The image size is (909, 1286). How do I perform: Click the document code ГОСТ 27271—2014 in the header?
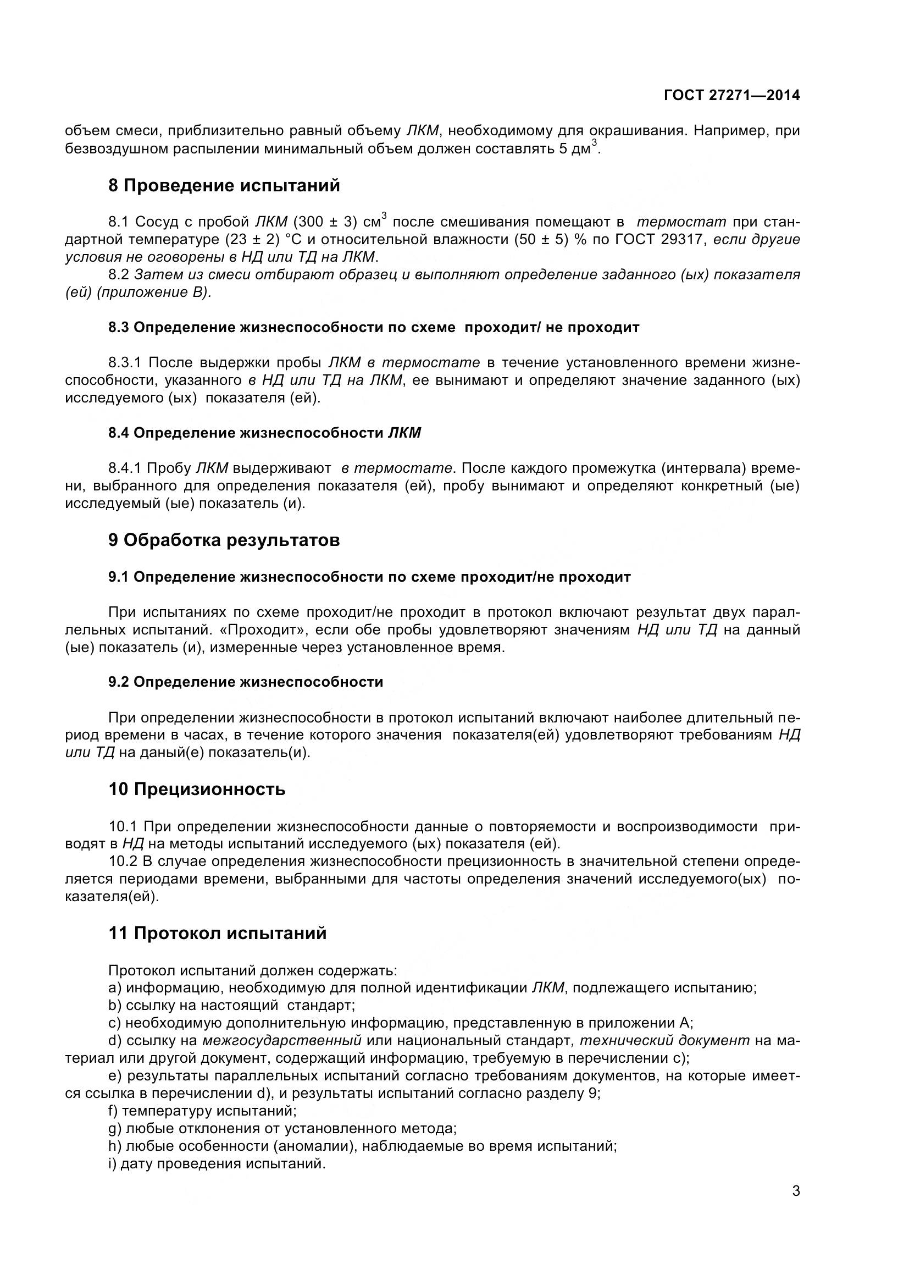click(731, 95)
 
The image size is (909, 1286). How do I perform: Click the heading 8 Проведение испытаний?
click(224, 185)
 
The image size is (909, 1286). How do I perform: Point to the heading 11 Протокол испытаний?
click(217, 933)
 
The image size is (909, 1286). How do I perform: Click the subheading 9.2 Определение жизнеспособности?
click(246, 682)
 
